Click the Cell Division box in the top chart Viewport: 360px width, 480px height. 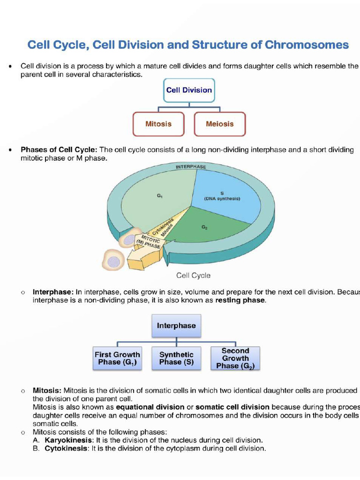click(x=189, y=90)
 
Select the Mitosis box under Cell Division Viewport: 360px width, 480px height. click(x=158, y=124)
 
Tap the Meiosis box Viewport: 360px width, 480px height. click(x=219, y=124)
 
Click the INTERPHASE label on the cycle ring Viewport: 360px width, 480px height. click(x=191, y=167)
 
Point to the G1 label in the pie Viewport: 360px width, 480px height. click(x=160, y=196)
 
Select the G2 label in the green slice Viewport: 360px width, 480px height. click(x=205, y=227)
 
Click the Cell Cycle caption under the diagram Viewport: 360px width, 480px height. click(x=193, y=276)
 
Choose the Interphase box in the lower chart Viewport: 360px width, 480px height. click(x=176, y=326)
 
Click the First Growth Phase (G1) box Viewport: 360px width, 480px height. click(x=117, y=359)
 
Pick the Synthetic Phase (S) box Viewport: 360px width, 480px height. click(x=176, y=359)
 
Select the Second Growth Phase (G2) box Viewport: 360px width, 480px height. click(x=235, y=359)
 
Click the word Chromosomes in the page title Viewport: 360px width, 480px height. click(x=307, y=45)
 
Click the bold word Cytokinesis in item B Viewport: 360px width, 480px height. click(x=66, y=449)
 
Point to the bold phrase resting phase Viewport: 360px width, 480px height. click(x=240, y=300)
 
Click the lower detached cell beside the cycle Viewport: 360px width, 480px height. click(x=112, y=260)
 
